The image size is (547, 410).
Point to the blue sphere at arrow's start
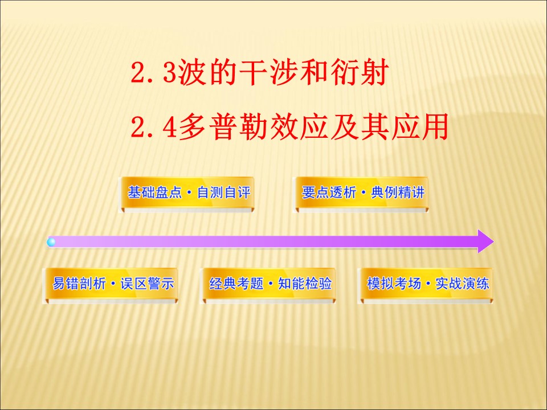point(52,242)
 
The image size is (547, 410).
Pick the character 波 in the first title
point(187,74)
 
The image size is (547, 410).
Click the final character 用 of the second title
point(434,128)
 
